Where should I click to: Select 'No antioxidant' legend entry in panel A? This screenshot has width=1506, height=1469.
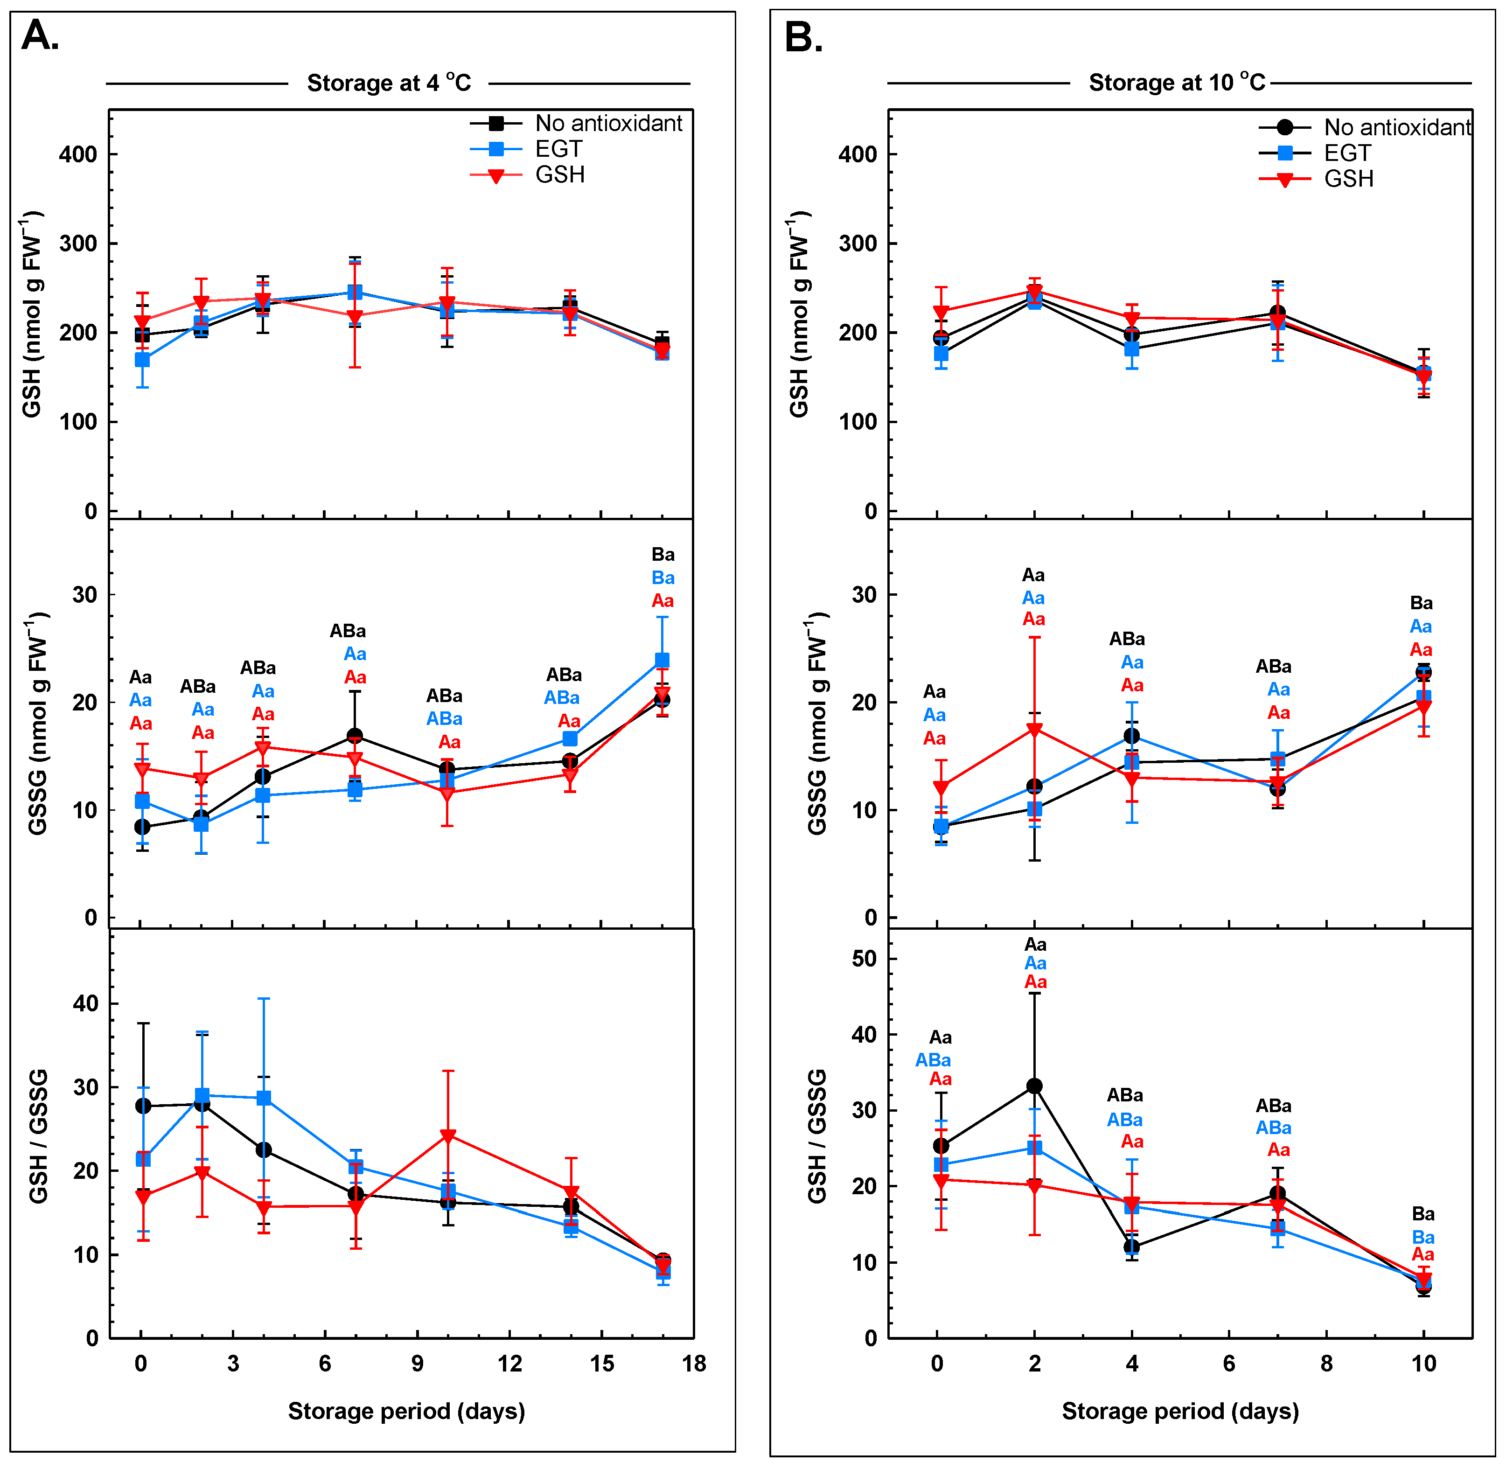click(608, 124)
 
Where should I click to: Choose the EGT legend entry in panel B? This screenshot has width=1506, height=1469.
click(1347, 153)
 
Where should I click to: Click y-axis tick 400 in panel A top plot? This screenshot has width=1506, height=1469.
click(78, 154)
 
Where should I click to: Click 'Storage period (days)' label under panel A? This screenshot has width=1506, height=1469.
click(406, 1411)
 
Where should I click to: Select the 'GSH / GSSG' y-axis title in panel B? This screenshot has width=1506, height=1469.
click(817, 1136)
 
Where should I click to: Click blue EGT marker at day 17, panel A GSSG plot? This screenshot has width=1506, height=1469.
click(662, 661)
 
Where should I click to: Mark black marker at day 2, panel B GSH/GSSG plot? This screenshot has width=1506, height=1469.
click(1035, 1086)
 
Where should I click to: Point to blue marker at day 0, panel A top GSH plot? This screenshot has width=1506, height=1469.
click(142, 360)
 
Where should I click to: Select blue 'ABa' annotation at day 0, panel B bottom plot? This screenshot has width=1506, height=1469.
click(933, 1060)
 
